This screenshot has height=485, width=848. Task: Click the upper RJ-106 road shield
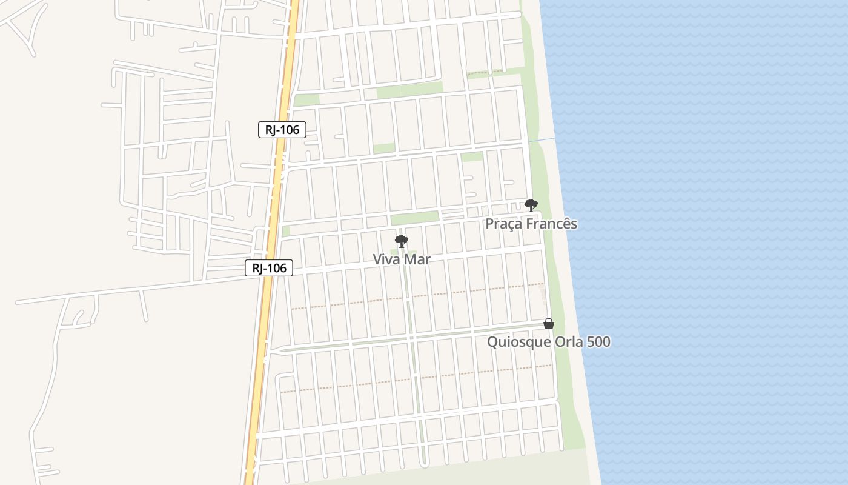point(282,130)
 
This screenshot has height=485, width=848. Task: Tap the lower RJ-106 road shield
point(269,268)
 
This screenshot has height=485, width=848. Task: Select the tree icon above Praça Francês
point(531,206)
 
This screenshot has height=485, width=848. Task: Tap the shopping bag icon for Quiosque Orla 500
point(549,324)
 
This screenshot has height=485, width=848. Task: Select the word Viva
point(386,259)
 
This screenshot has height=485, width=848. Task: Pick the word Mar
point(417,259)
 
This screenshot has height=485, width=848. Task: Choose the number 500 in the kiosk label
point(598,342)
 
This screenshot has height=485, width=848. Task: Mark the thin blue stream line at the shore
point(542,141)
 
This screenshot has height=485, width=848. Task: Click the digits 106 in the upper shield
point(288,130)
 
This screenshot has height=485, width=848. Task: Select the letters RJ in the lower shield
point(257,268)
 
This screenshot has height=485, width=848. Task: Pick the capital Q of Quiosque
point(492,342)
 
